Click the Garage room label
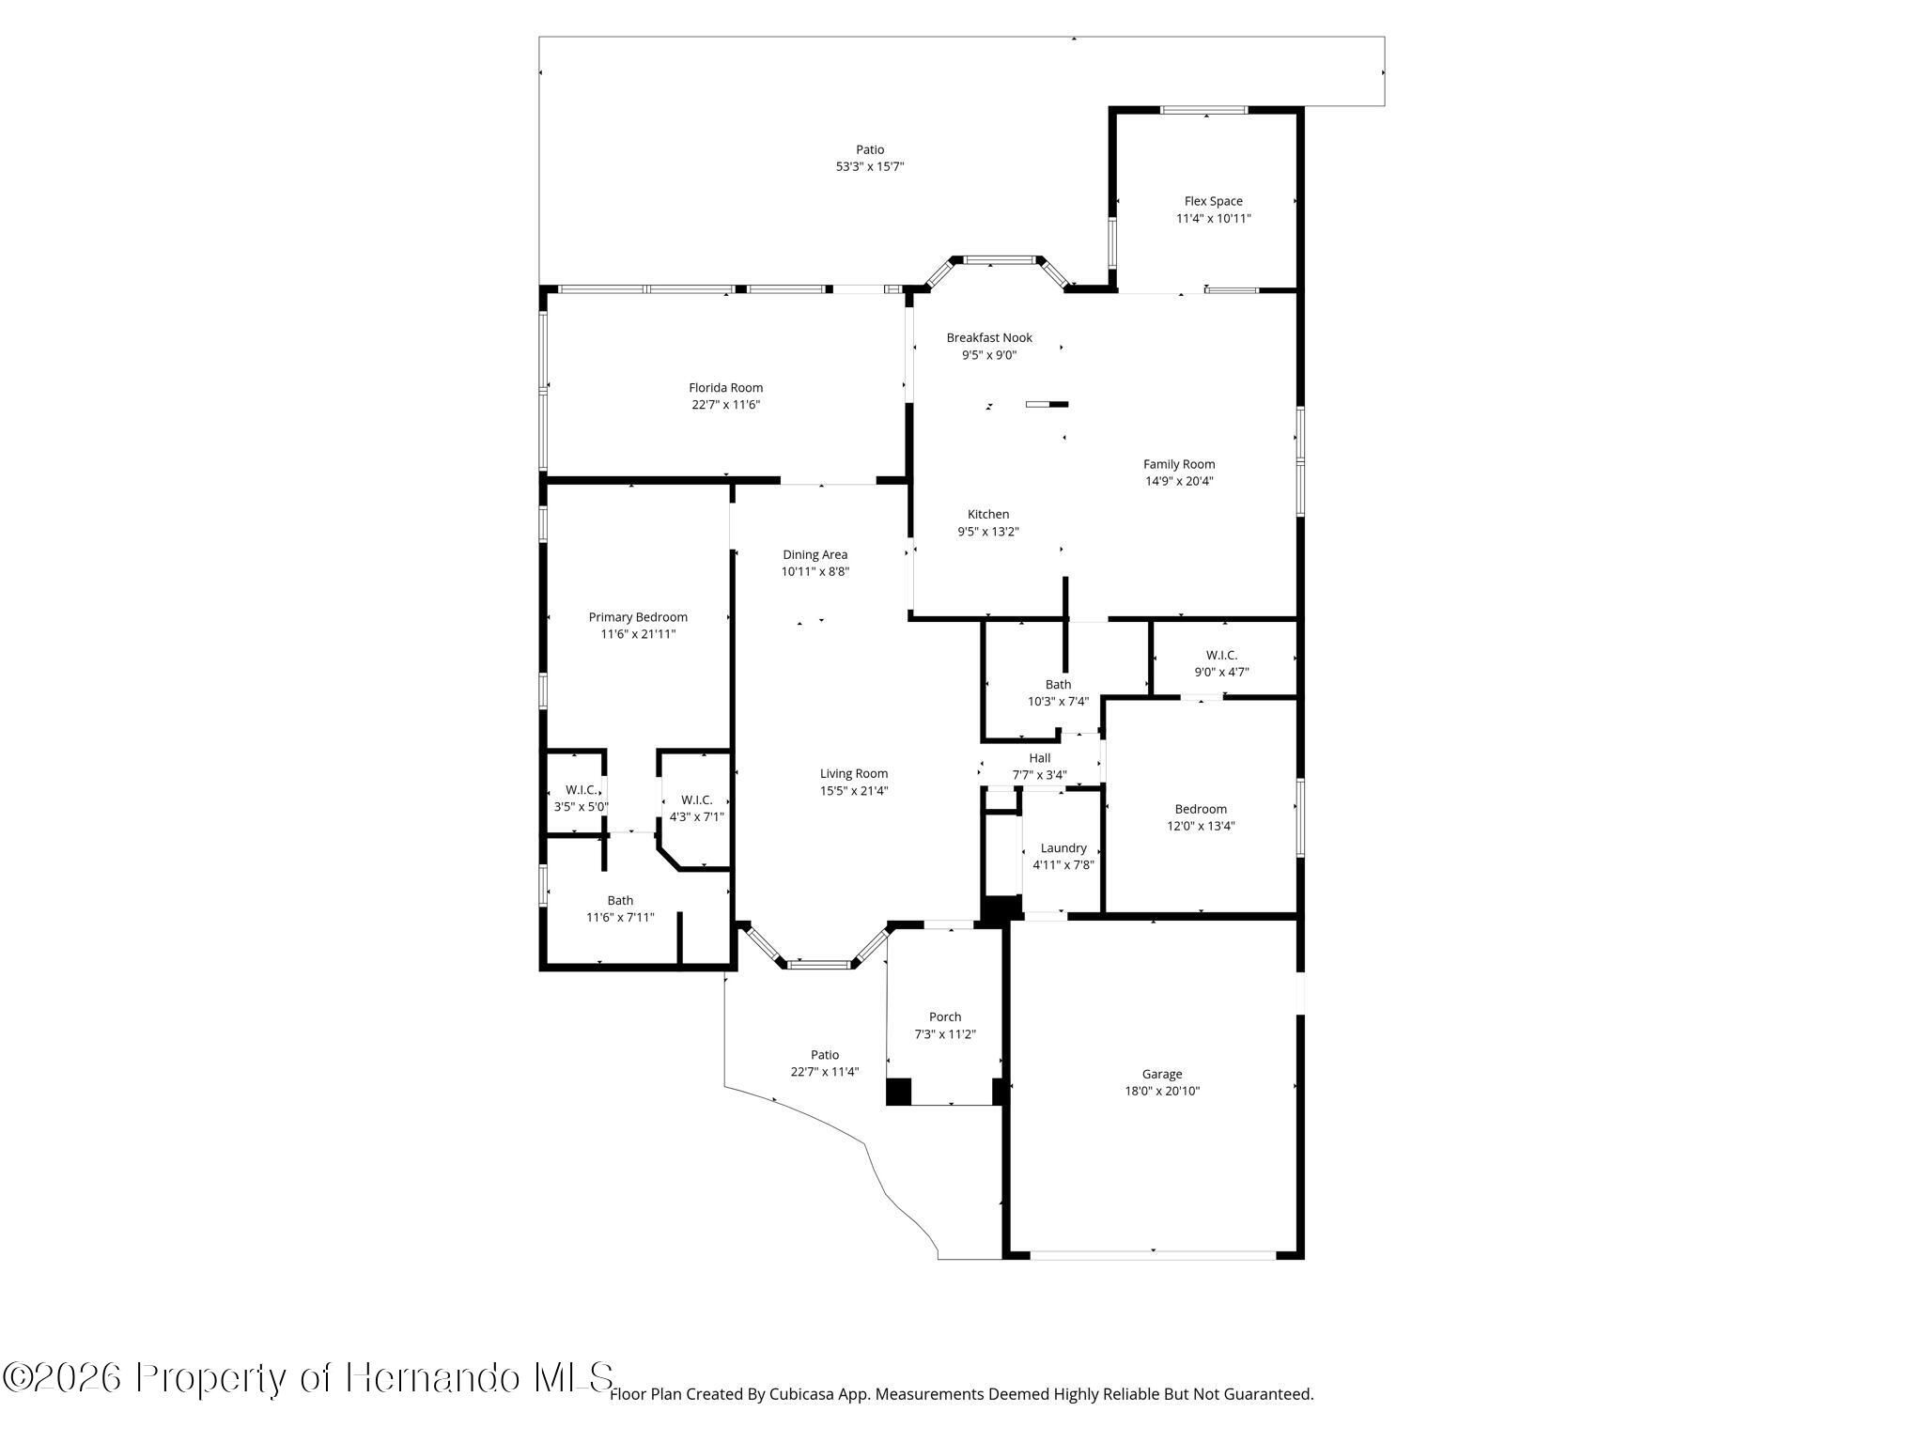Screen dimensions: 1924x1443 point(1162,1074)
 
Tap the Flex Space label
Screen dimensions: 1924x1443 point(1213,201)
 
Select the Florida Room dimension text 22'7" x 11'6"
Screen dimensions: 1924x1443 point(725,405)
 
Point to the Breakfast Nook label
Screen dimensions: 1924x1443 point(989,337)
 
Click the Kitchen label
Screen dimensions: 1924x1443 point(988,514)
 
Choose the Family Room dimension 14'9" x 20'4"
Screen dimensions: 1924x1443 point(1179,481)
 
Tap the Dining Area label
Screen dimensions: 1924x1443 point(815,554)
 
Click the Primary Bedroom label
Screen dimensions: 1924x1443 point(638,617)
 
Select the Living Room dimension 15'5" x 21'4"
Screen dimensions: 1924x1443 point(853,791)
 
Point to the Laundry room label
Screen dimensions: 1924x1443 point(1063,848)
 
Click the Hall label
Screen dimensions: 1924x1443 point(1039,758)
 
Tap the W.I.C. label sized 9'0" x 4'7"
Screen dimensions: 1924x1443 point(1221,655)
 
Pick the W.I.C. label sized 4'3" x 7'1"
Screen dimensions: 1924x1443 point(696,799)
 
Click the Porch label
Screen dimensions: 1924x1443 point(945,1016)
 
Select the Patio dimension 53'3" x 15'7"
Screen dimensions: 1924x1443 point(870,166)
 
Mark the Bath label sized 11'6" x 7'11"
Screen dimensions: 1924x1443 point(620,900)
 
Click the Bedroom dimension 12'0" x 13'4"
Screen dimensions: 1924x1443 point(1201,827)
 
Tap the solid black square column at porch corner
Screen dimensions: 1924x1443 point(899,1091)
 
